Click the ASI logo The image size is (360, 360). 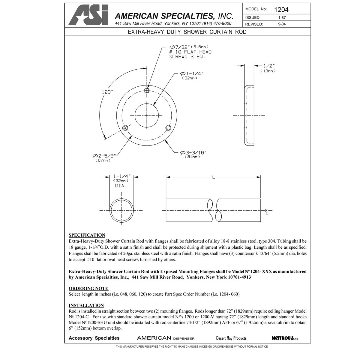[88, 16]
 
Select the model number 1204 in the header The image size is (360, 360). [281, 10]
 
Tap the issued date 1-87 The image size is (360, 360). [282, 18]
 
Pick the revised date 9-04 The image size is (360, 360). [282, 24]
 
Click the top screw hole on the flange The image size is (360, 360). [147, 91]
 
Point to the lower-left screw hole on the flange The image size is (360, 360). [125, 128]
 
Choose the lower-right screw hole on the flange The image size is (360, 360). [168, 128]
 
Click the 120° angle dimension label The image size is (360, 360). [108, 92]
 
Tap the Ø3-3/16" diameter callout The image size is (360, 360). [193, 153]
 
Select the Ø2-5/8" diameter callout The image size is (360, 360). [104, 156]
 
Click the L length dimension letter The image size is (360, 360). [214, 177]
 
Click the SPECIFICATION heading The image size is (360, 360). [87, 235]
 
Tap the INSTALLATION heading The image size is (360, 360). [86, 305]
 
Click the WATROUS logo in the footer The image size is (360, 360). [285, 338]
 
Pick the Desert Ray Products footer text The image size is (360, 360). [231, 338]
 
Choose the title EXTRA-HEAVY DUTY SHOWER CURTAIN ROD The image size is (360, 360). [187, 32]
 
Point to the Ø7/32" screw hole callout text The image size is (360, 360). [189, 47]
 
